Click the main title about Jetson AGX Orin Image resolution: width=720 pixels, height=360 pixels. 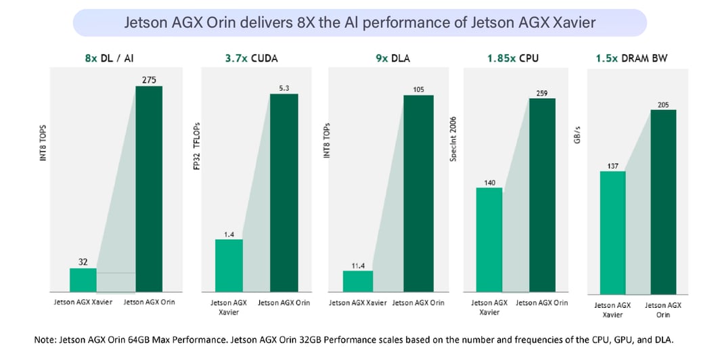pos(360,22)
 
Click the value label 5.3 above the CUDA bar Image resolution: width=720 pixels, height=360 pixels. pos(284,87)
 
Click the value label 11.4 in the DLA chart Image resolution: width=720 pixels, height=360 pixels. pos(357,265)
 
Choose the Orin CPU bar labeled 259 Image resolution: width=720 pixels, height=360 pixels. pos(541,196)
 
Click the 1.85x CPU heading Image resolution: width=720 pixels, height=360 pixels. pos(512,58)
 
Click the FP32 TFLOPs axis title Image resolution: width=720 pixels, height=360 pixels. pos(198,145)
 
